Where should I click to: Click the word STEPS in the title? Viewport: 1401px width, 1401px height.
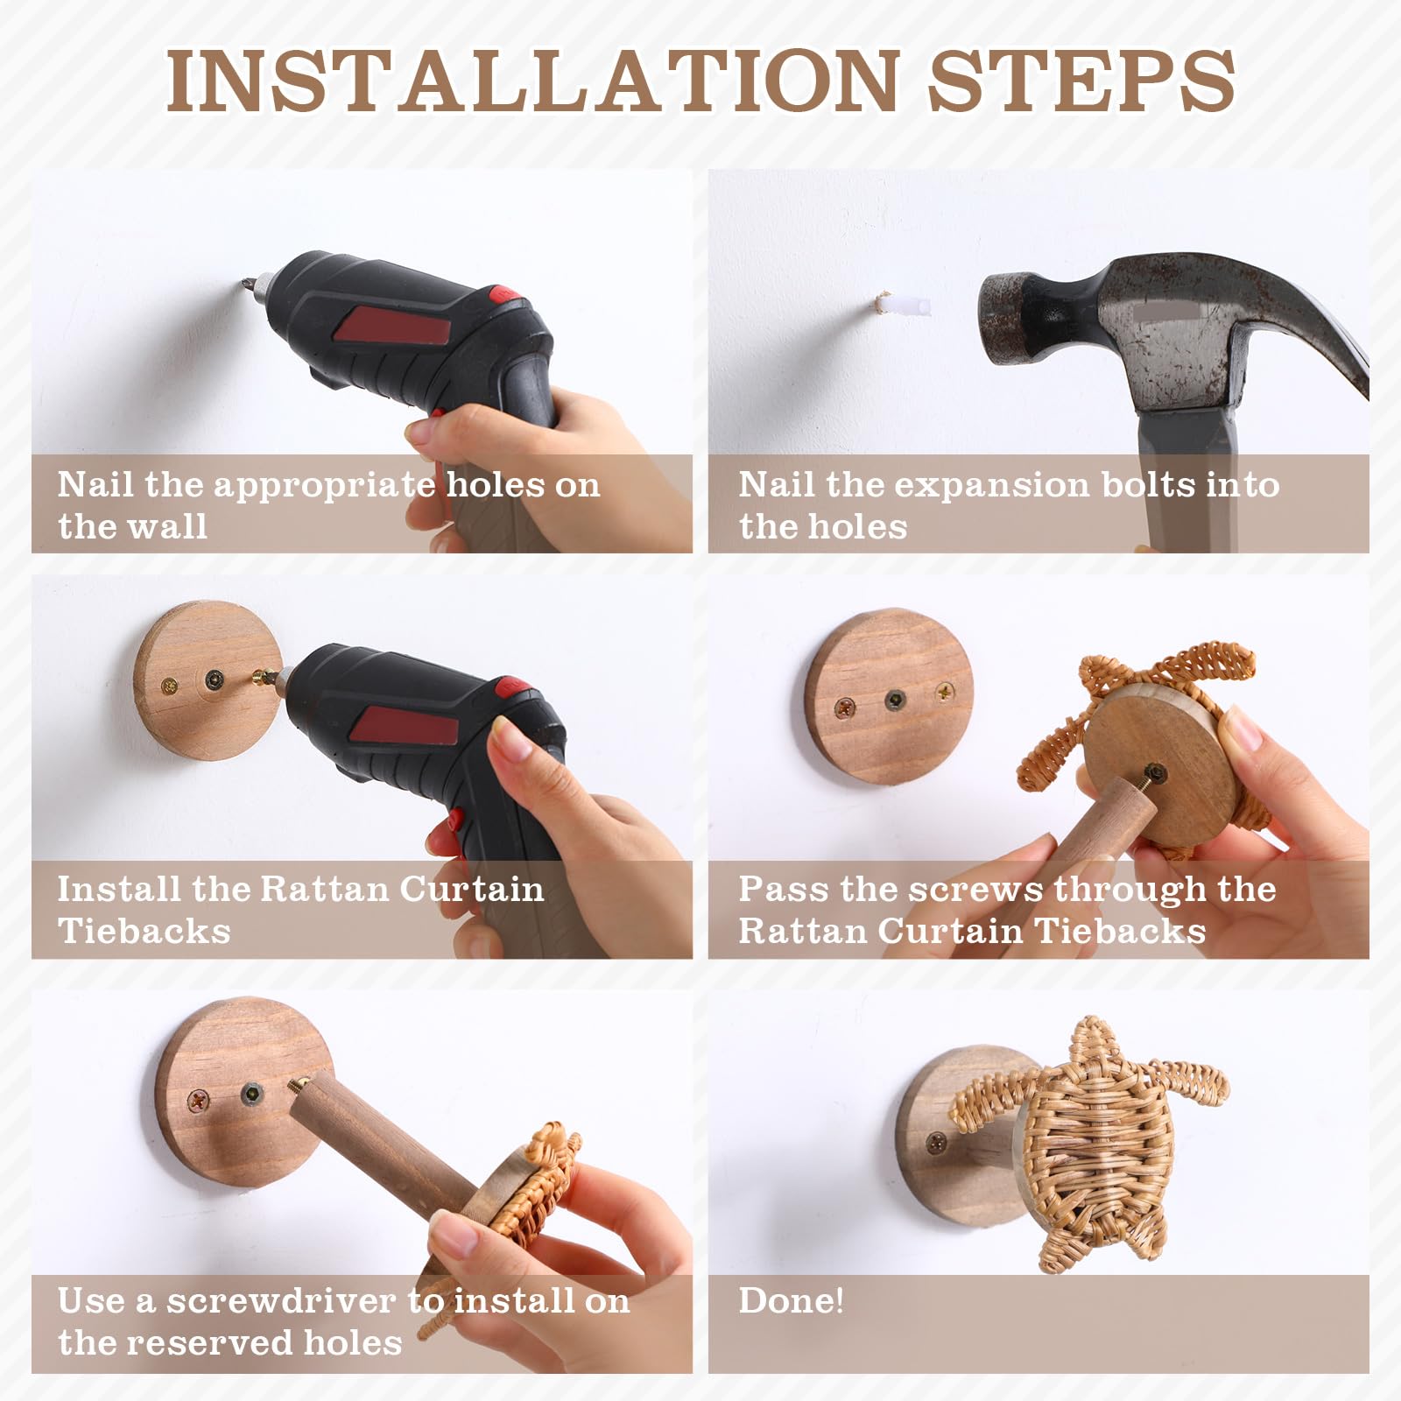pyautogui.click(x=1081, y=80)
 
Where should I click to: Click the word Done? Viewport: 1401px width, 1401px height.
pyautogui.click(x=791, y=1300)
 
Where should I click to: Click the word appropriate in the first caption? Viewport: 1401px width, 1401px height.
pyautogui.click(x=325, y=486)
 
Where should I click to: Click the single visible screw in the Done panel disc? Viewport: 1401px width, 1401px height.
pyautogui.click(x=937, y=1141)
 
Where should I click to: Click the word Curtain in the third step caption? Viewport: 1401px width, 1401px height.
pyautogui.click(x=472, y=890)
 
